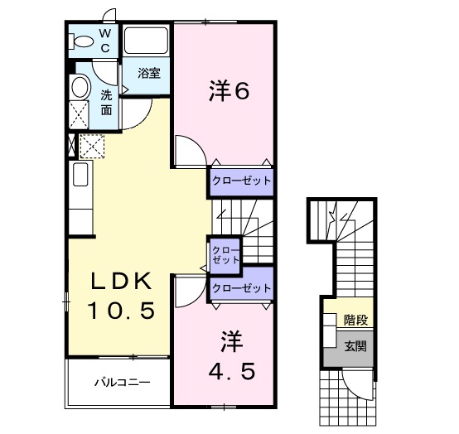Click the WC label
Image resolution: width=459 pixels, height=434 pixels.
tap(106, 40)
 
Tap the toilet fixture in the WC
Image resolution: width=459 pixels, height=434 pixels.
tap(84, 41)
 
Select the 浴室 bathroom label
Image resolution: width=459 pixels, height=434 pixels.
tap(149, 72)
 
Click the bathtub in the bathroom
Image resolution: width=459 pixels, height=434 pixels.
tap(147, 41)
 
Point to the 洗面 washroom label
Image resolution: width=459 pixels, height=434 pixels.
tap(106, 102)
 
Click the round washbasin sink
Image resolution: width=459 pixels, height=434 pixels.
tap(80, 87)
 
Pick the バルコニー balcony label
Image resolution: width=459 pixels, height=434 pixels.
tap(121, 383)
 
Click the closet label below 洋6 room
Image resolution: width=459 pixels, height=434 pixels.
tap(240, 181)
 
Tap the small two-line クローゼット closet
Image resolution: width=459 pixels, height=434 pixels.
tap(223, 254)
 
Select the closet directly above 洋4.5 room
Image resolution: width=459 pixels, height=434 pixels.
tap(241, 287)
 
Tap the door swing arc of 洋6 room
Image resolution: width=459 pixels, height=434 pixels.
tap(189, 149)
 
